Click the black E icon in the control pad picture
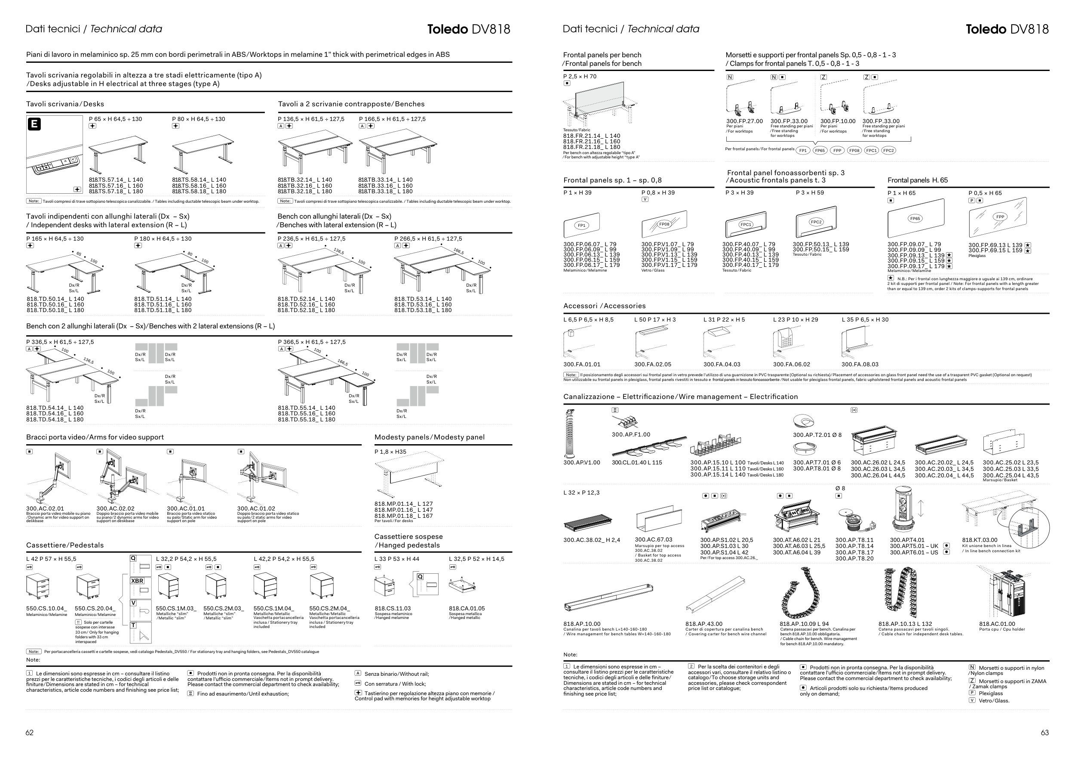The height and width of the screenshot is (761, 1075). click(34, 124)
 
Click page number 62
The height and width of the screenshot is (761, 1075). click(30, 733)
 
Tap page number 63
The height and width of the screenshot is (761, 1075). click(1044, 733)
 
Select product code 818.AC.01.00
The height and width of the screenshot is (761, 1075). click(997, 624)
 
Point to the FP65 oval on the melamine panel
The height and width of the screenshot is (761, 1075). click(915, 218)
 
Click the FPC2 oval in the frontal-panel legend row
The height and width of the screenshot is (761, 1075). click(888, 150)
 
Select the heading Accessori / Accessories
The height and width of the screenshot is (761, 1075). click(604, 306)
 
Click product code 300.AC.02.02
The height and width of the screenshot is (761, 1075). click(115, 508)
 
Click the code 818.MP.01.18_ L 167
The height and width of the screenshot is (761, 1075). click(403, 516)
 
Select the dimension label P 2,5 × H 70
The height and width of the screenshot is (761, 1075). click(580, 76)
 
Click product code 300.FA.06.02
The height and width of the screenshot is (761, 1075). click(791, 364)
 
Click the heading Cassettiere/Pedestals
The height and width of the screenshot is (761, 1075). click(64, 545)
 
